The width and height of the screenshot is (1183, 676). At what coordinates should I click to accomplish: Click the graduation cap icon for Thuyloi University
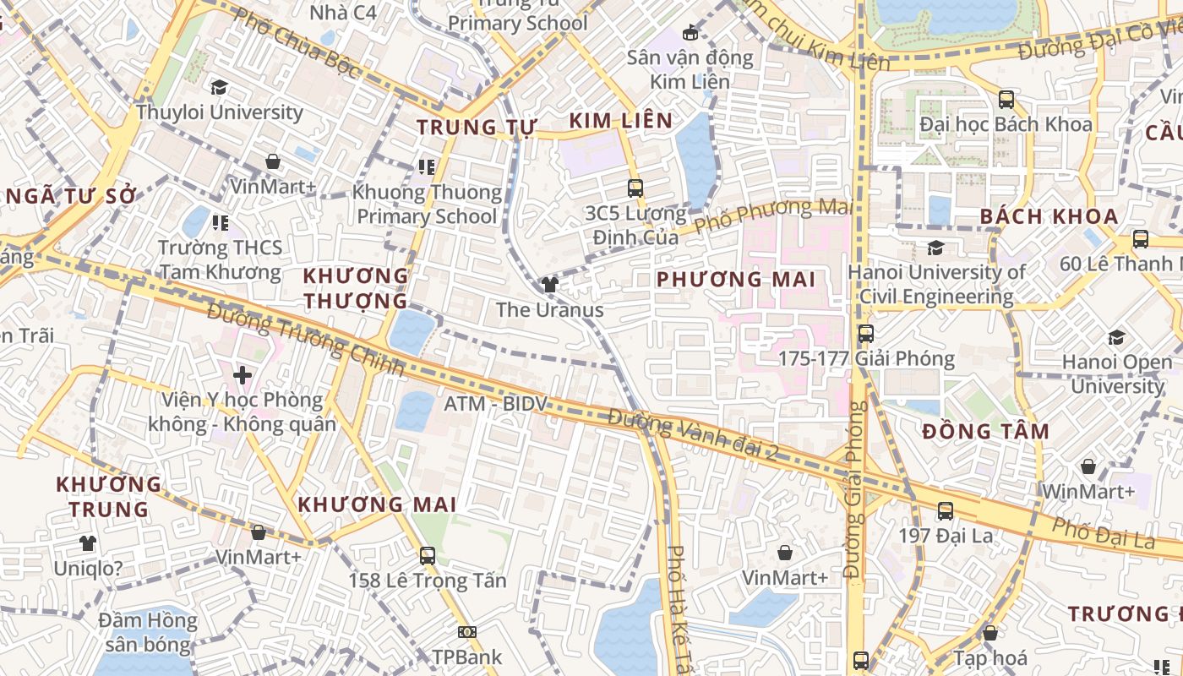tap(220, 87)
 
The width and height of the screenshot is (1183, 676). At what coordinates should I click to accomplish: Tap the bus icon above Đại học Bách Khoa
tap(1006, 99)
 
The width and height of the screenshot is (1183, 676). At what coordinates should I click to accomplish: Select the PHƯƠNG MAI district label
tap(735, 279)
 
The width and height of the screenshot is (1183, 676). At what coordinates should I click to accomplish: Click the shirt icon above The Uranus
tap(550, 285)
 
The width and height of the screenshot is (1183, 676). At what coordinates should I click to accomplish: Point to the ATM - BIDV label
tap(496, 404)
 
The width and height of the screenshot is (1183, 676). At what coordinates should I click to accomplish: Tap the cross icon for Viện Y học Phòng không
tap(243, 374)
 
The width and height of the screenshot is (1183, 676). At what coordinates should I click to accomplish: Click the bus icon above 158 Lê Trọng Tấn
tap(428, 555)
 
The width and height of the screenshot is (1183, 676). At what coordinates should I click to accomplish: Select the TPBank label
tap(467, 657)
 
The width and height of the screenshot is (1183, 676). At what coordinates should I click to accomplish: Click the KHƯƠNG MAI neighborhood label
tap(377, 504)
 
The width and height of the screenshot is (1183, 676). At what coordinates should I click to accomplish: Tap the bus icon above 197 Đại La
tap(945, 510)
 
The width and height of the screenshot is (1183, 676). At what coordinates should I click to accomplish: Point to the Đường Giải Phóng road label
tap(856, 490)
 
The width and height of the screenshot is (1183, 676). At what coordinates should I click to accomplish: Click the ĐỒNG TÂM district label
tap(985, 431)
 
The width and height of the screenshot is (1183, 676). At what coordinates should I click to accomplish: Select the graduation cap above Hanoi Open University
tap(1115, 338)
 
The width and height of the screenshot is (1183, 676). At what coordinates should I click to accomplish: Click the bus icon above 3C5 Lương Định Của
tap(635, 188)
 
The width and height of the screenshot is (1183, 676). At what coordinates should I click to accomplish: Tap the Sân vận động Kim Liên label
tap(690, 69)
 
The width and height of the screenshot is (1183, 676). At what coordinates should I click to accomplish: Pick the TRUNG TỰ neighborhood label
tap(477, 128)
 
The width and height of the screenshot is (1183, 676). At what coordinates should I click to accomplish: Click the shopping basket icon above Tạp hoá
tap(990, 633)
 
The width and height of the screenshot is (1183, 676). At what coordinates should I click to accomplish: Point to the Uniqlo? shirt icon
tap(88, 543)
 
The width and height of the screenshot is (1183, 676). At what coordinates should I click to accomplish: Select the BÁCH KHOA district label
tap(1049, 216)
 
